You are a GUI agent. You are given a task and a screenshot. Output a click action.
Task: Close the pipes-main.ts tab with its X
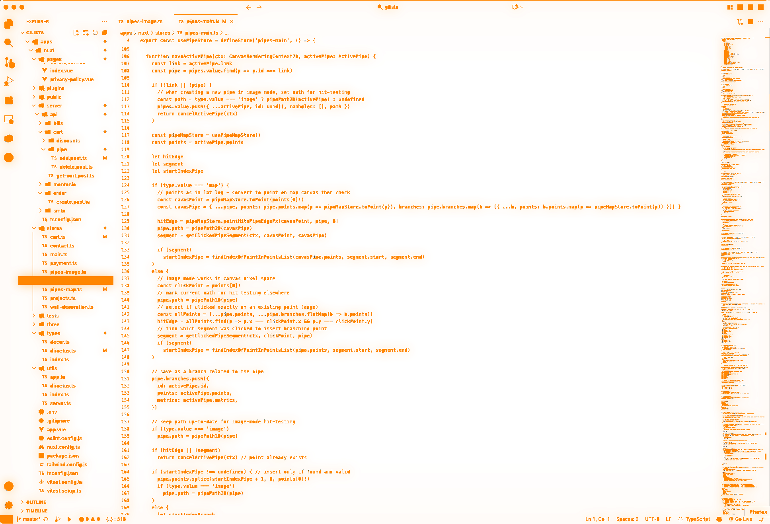pyautogui.click(x=232, y=21)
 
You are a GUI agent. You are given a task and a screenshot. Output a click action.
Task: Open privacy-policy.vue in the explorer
pyautogui.click(x=72, y=80)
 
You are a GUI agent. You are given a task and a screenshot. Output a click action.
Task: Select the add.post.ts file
pyautogui.click(x=73, y=158)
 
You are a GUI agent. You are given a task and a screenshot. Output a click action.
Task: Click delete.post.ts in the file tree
pyautogui.click(x=76, y=167)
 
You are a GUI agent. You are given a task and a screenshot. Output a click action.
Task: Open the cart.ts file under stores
pyautogui.click(x=58, y=237)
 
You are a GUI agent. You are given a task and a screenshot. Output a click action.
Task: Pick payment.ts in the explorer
pyautogui.click(x=63, y=263)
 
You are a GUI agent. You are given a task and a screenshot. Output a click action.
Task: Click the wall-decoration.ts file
pyautogui.click(x=72, y=307)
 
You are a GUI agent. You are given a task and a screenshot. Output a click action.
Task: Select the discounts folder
pyautogui.click(x=68, y=141)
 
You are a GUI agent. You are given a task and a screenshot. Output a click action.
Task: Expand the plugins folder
pyautogui.click(x=55, y=88)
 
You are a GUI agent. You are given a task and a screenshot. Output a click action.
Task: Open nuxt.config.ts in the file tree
pyautogui.click(x=63, y=447)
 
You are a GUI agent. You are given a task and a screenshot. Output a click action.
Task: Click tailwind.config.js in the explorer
pyautogui.click(x=67, y=465)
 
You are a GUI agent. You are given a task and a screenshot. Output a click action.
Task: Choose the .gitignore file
pyautogui.click(x=58, y=421)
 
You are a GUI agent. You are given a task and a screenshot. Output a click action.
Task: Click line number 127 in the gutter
pyautogui.click(x=125, y=207)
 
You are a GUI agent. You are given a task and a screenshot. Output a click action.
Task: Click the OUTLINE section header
pyautogui.click(x=36, y=502)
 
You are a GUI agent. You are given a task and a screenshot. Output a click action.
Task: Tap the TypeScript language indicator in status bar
pyautogui.click(x=698, y=519)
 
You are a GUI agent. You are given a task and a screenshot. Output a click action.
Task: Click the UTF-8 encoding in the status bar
pyautogui.click(x=652, y=519)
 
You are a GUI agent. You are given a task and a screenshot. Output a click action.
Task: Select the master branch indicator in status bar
pyautogui.click(x=31, y=519)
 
